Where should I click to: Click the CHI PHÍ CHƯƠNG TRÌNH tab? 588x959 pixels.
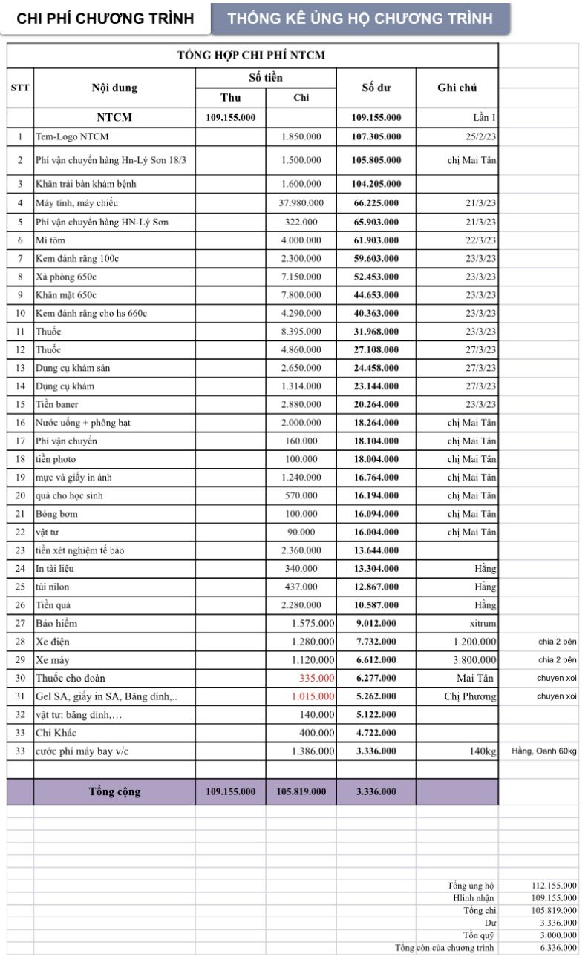pyautogui.click(x=105, y=19)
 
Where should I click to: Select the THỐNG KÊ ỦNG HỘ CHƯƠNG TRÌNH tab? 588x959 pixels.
pyautogui.click(x=360, y=19)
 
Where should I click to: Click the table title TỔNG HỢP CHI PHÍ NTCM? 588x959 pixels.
pyautogui.click(x=251, y=55)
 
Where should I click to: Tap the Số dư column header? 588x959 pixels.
pyautogui.click(x=376, y=88)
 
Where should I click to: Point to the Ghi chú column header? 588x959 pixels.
pyautogui.click(x=457, y=88)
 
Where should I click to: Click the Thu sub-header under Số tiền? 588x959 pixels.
pyautogui.click(x=231, y=98)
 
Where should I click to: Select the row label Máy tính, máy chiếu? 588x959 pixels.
pyautogui.click(x=76, y=202)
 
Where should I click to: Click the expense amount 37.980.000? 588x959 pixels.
pyautogui.click(x=301, y=202)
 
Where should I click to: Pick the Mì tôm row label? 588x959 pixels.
pyautogui.click(x=50, y=240)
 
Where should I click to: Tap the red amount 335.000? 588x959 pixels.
pyautogui.click(x=317, y=678)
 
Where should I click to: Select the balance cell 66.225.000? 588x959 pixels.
pyautogui.click(x=376, y=202)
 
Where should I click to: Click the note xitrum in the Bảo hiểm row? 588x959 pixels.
pyautogui.click(x=483, y=623)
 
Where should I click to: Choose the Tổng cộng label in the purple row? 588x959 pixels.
pyautogui.click(x=114, y=791)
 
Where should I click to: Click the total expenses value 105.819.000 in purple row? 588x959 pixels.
pyautogui.click(x=301, y=792)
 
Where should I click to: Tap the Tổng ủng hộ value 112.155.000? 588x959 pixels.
pyautogui.click(x=555, y=886)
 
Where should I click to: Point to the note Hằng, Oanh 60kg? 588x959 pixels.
pyautogui.click(x=543, y=751)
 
